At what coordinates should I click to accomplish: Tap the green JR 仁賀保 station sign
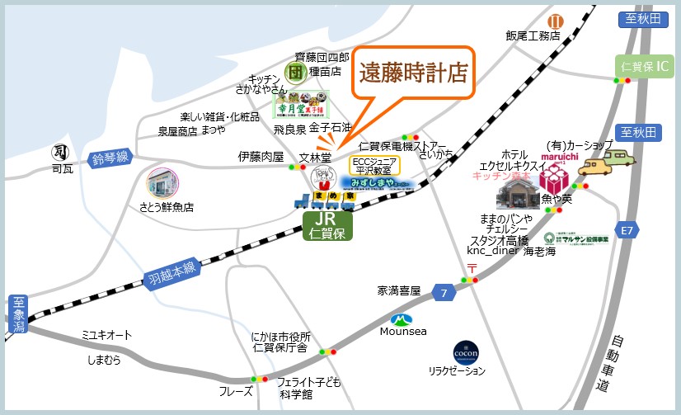329,225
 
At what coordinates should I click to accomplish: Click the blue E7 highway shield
627,229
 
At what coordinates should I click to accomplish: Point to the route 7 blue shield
444,293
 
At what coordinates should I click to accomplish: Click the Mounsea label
403,331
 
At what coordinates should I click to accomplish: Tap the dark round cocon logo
467,353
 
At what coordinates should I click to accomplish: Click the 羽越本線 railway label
171,270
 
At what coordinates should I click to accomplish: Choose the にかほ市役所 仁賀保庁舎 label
280,342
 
